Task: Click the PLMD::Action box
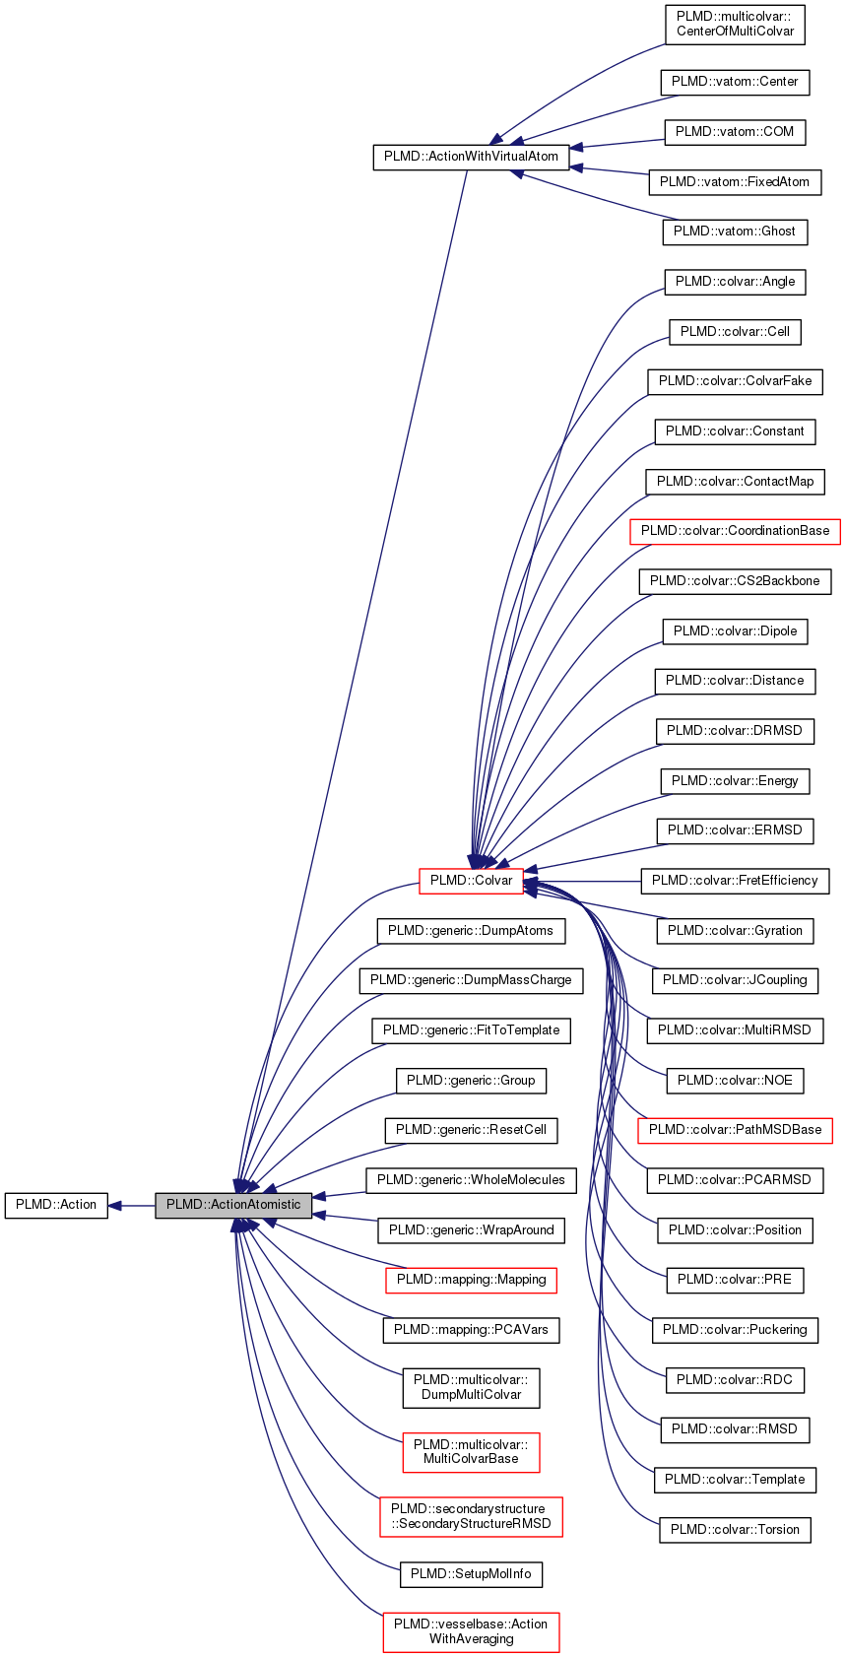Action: click(56, 1205)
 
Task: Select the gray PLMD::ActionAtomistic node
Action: click(233, 1205)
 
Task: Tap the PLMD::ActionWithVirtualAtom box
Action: click(471, 157)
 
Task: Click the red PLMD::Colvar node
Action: click(471, 881)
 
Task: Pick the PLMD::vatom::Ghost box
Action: click(735, 232)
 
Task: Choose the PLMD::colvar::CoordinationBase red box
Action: click(735, 531)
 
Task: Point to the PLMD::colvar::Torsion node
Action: click(735, 1530)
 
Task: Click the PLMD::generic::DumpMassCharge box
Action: click(471, 980)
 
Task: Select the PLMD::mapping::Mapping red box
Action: click(471, 1280)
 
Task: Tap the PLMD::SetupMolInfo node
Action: click(471, 1574)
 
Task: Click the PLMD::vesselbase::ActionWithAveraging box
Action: click(471, 1631)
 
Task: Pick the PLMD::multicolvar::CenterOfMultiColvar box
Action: click(735, 24)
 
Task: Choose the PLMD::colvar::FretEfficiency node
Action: click(735, 881)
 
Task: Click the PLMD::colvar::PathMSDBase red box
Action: click(735, 1130)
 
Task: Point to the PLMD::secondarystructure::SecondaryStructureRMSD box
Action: click(471, 1516)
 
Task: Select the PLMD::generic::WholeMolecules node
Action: click(471, 1180)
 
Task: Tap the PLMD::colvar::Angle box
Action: click(735, 282)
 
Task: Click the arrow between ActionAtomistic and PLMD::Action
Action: click(131, 1205)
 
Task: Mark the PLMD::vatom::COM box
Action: click(735, 132)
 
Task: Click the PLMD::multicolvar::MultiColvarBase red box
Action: click(471, 1452)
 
